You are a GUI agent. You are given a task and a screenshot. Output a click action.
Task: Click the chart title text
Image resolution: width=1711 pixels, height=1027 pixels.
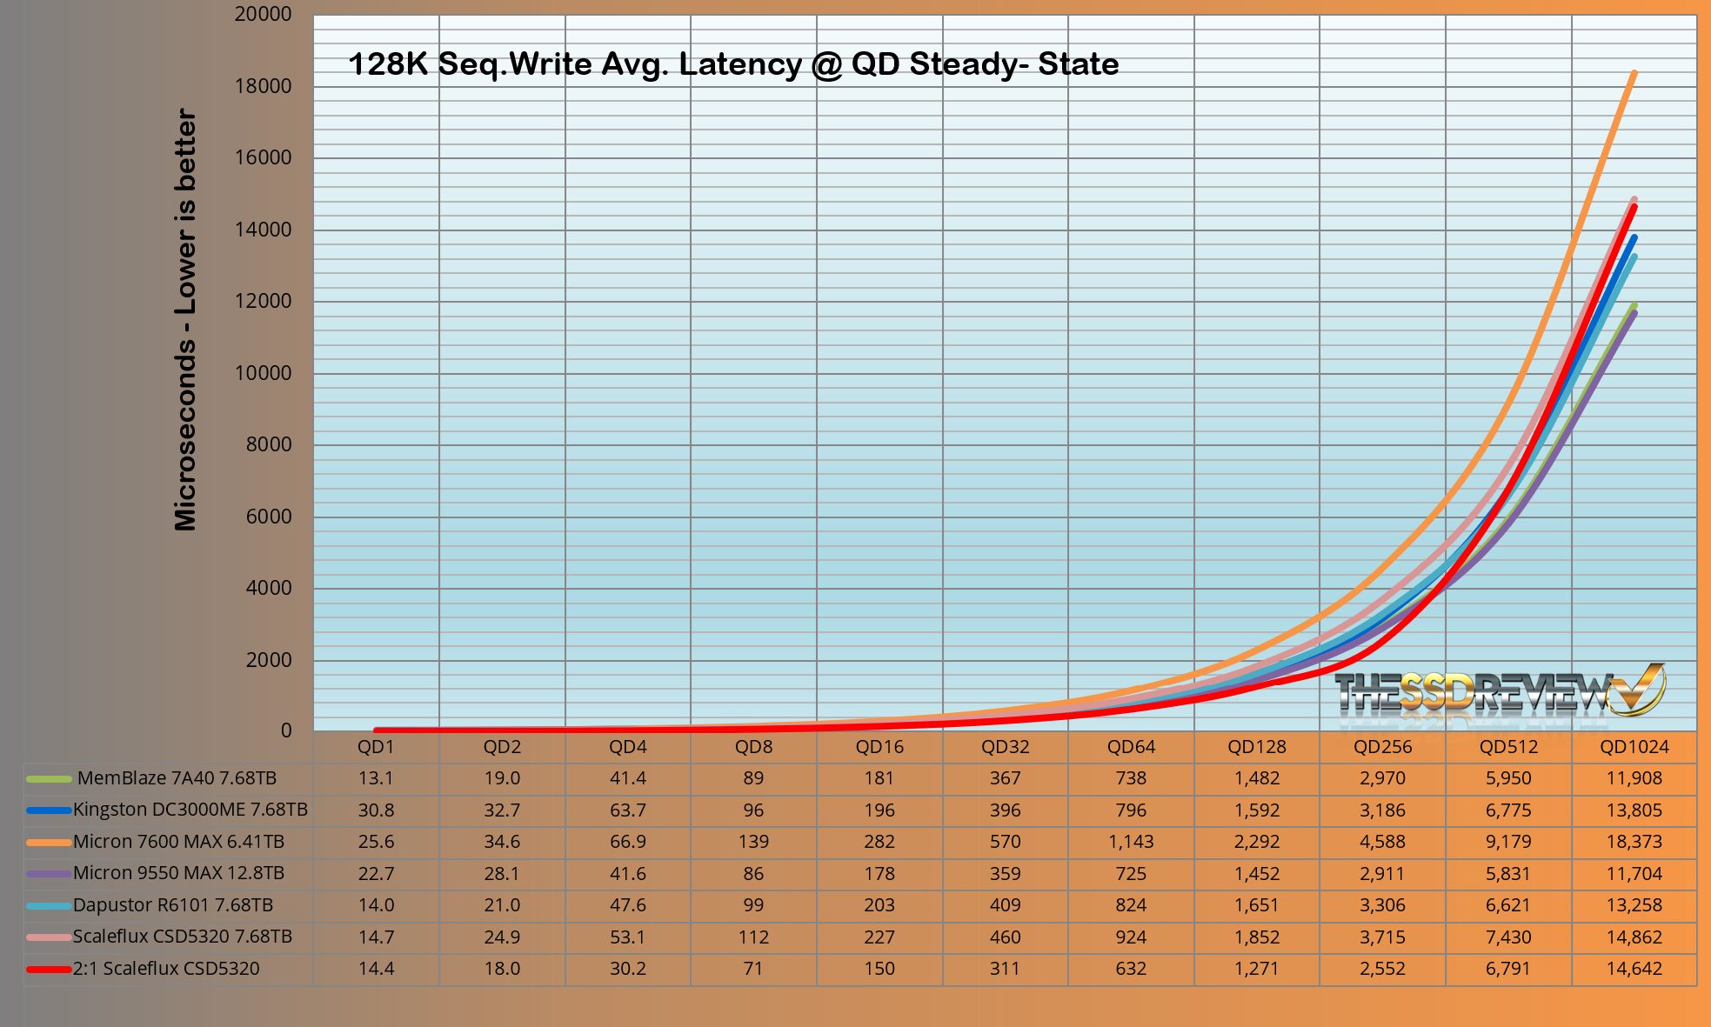point(733,64)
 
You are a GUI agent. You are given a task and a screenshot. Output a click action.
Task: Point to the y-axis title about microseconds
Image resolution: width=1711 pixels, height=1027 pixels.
point(186,319)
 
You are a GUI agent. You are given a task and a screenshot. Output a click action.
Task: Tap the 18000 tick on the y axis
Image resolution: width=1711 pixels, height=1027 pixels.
point(263,86)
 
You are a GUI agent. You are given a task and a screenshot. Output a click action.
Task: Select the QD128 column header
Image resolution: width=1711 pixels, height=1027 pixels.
point(1256,747)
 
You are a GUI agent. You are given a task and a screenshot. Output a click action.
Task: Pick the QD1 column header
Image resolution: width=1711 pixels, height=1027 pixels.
point(376,747)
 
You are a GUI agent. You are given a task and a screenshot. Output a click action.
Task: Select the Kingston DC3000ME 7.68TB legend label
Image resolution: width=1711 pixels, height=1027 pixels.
point(190,810)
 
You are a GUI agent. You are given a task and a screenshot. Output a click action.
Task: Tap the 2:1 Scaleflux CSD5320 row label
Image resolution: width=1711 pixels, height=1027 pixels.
point(165,969)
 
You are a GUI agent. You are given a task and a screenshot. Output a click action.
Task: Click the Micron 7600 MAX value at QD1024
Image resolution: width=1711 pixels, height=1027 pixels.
point(1634,842)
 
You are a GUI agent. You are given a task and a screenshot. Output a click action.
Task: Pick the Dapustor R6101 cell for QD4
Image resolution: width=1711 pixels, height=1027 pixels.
point(627,905)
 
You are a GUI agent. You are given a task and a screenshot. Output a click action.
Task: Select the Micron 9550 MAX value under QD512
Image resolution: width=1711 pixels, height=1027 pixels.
point(1507,873)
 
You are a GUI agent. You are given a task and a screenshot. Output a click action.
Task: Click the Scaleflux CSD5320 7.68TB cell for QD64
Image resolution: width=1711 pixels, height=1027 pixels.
point(1130,937)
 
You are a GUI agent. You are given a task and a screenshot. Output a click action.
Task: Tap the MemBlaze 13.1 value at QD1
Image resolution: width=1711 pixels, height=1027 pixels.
point(376,778)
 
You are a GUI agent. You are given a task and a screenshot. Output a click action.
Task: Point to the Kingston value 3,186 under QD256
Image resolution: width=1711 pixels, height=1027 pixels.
point(1381,810)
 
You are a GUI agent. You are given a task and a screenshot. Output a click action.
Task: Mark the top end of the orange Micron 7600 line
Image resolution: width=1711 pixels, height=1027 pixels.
point(1634,74)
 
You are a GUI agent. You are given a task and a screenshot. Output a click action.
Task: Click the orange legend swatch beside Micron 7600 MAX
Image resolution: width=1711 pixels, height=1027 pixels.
point(49,842)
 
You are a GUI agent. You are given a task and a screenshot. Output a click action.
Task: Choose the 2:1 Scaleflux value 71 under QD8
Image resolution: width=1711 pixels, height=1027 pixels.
point(753,969)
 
